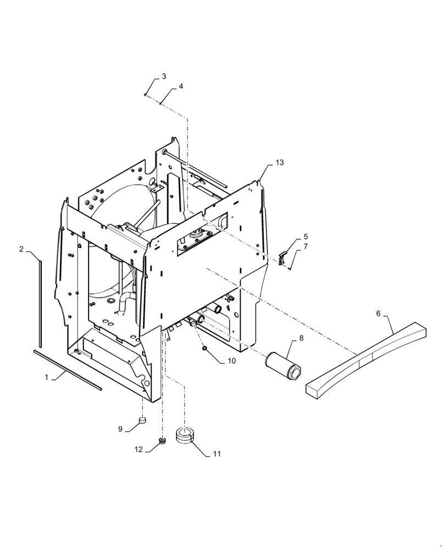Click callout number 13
280,163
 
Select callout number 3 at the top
163,76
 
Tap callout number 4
181,87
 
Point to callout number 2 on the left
21,249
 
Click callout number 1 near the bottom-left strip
47,377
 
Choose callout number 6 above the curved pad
378,313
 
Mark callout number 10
231,361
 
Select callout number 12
139,449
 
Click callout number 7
305,247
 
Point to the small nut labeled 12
162,440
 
